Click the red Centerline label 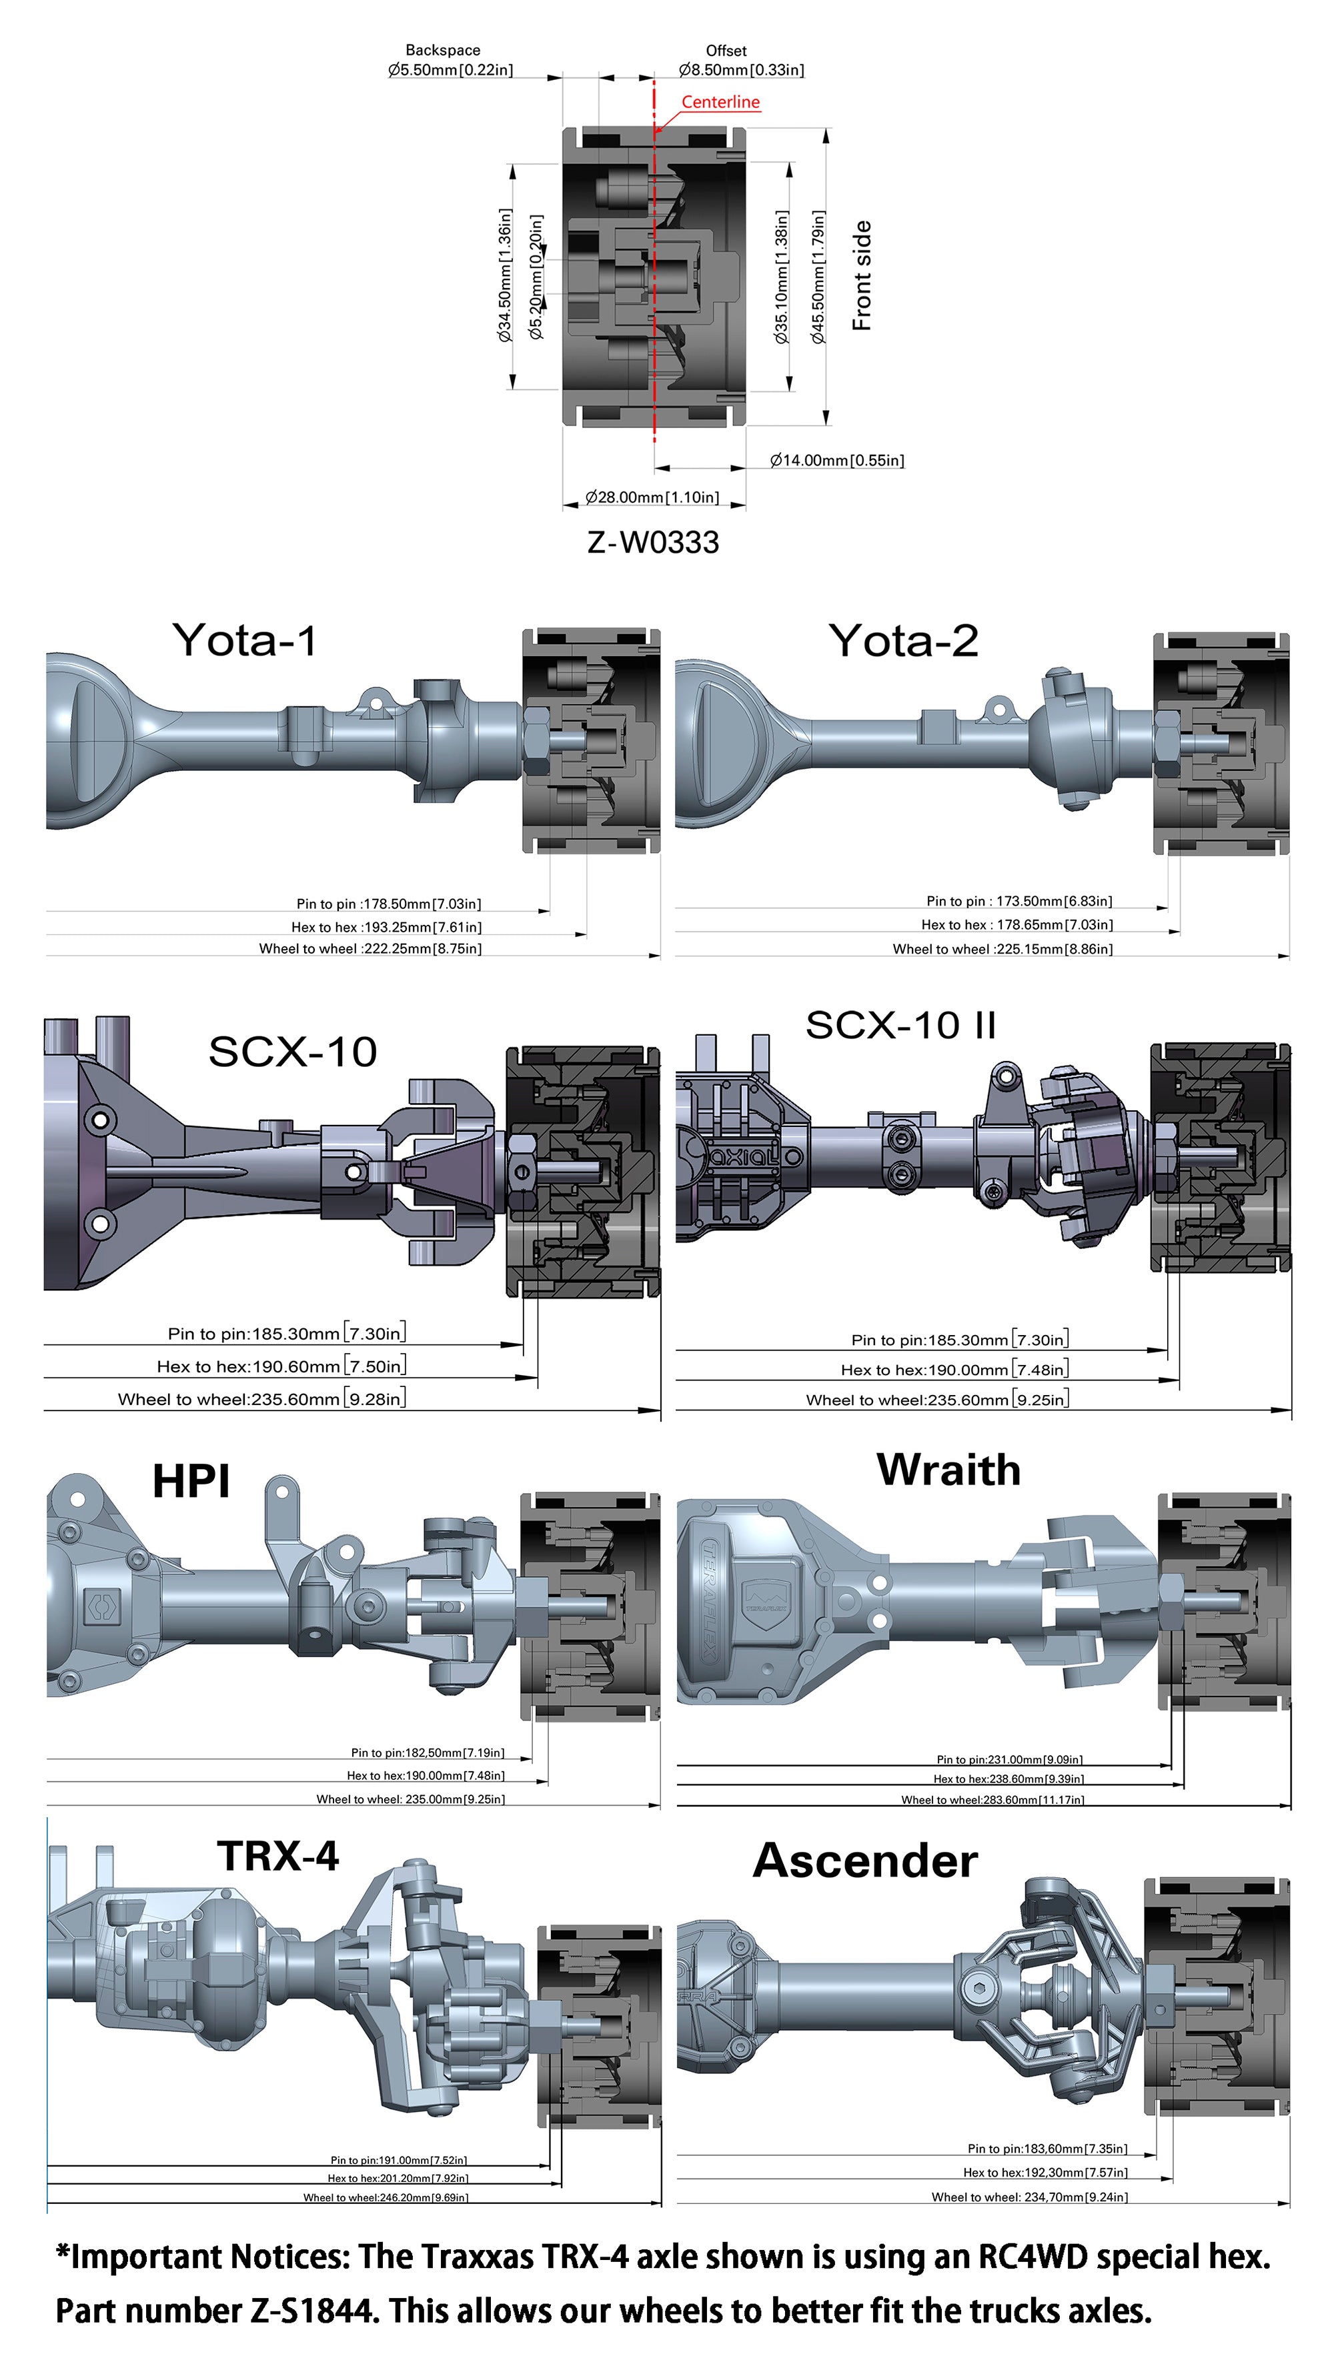tap(720, 101)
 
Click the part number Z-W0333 tap(653, 543)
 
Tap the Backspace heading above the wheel tap(442, 50)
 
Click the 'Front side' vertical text tap(860, 275)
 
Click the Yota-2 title tap(903, 641)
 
